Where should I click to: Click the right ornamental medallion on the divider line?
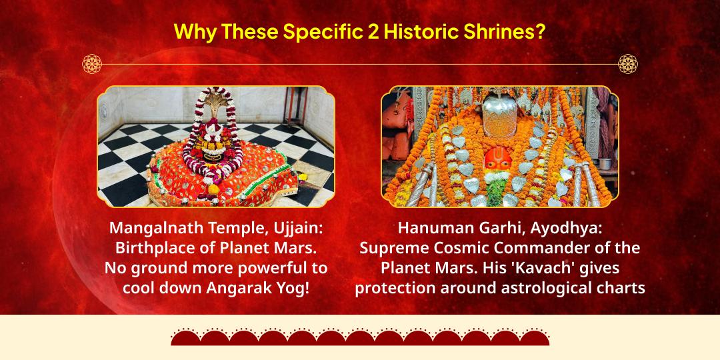coord(628,64)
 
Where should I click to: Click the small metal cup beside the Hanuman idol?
coord(605,163)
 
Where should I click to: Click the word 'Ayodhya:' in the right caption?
coord(569,228)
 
